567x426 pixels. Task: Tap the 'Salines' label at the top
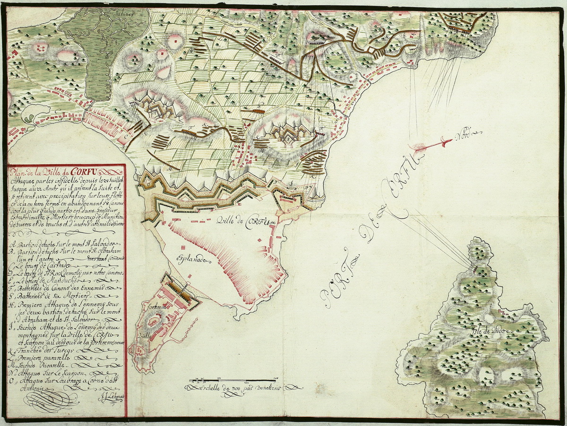[x=125, y=14]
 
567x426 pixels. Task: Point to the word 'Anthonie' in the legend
[x=26, y=388]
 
